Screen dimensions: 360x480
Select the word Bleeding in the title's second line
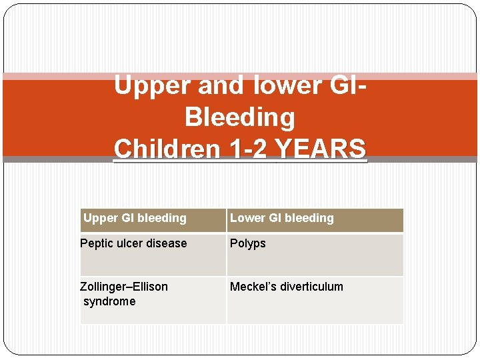[x=239, y=117]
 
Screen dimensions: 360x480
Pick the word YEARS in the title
[x=322, y=149]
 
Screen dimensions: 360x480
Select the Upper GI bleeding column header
[x=135, y=218]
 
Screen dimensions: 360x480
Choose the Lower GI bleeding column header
[x=281, y=218]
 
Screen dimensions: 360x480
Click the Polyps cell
[x=248, y=244]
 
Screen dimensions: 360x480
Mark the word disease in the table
[x=169, y=244]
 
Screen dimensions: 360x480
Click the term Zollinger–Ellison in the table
[x=124, y=287]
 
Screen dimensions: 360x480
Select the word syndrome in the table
[x=109, y=301]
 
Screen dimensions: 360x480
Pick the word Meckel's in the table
[x=252, y=287]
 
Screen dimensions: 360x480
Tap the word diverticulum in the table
[x=311, y=287]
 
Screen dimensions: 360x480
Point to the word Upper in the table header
[x=100, y=218]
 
